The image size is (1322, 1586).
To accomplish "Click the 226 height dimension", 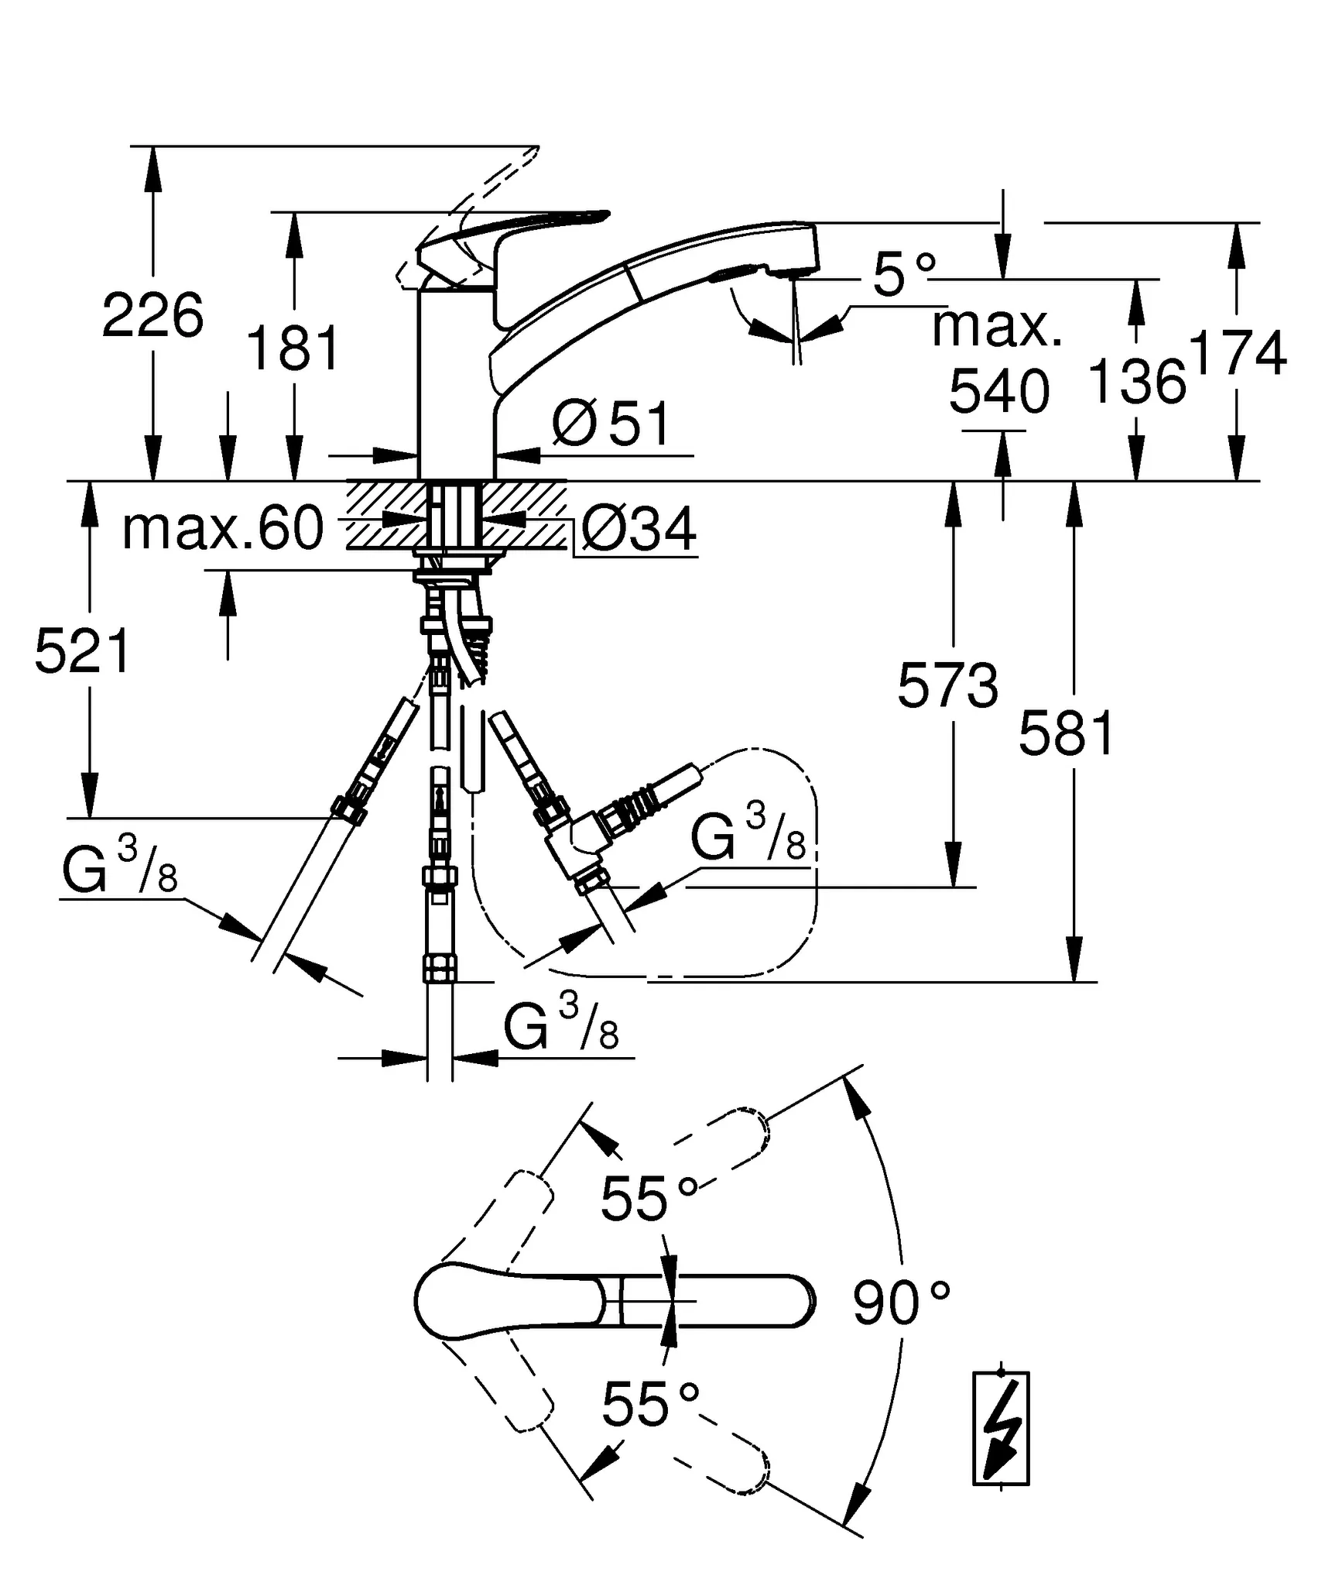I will (152, 316).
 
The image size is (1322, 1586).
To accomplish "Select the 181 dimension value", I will (293, 348).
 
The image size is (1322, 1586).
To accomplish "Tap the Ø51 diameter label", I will (611, 424).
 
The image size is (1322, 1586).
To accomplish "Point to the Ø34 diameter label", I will (639, 530).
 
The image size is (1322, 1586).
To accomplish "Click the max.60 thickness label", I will (223, 529).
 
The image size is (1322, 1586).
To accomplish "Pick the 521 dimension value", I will (83, 651).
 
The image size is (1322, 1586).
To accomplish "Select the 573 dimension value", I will (947, 686).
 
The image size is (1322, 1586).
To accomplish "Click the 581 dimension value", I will (1067, 734).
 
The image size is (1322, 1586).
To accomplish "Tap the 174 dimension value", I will (1238, 353).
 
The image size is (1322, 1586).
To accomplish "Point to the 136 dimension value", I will (1136, 382).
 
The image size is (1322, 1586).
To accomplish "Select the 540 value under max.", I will (998, 392).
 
